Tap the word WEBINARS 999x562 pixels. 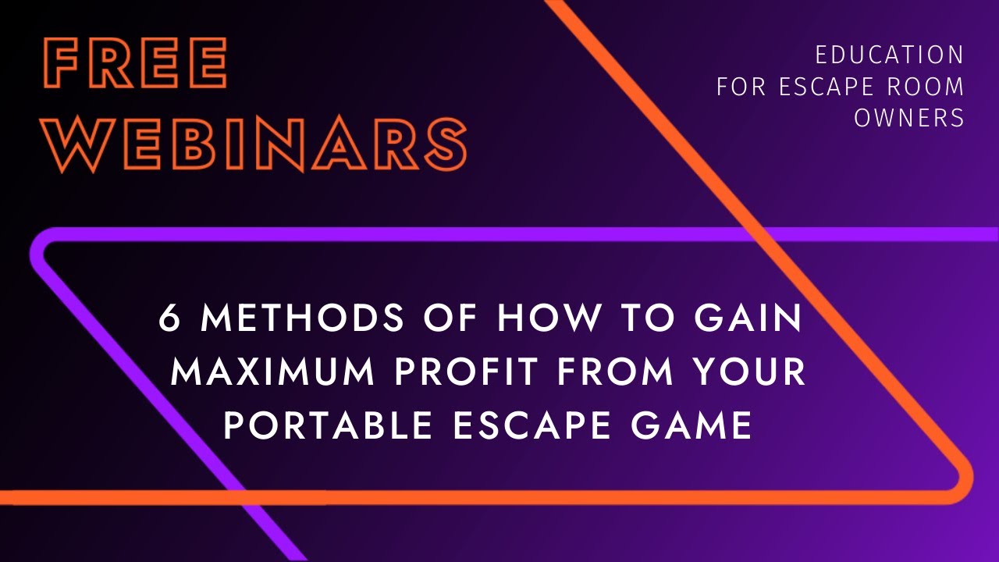point(254,144)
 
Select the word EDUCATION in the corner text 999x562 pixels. point(890,55)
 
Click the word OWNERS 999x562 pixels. point(909,117)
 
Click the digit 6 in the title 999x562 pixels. point(169,318)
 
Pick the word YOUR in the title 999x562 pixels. point(745,372)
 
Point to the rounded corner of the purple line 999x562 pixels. point(41,247)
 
